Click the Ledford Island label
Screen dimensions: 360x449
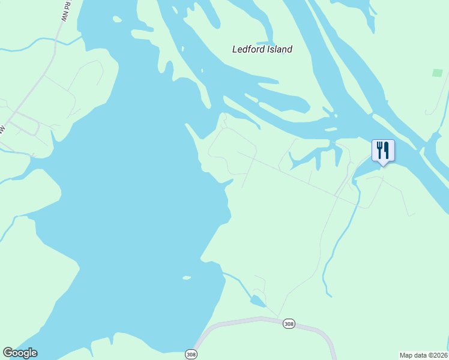262,49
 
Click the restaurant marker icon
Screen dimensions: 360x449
383,151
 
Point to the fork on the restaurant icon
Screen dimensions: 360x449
379,149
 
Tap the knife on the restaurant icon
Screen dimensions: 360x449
387,149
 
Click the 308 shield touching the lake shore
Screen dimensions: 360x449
191,354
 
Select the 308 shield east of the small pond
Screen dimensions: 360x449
289,323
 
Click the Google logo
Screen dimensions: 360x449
20,353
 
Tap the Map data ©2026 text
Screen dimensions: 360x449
423,355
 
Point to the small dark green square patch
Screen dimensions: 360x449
437,73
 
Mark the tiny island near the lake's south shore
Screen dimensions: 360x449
187,278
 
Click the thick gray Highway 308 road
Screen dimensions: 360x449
240,320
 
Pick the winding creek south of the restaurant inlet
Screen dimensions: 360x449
336,240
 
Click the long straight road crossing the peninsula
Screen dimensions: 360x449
300,178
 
